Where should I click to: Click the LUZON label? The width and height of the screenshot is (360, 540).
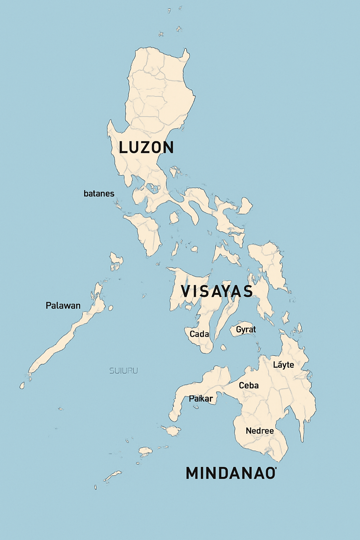[x=146, y=147]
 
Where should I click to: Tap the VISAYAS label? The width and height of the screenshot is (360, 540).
[x=217, y=291]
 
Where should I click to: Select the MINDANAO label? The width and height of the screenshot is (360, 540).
[x=231, y=473]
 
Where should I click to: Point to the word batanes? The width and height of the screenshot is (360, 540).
[x=99, y=193]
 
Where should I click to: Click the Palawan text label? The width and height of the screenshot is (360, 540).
[x=63, y=306]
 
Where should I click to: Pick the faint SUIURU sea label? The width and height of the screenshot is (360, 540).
[x=123, y=371]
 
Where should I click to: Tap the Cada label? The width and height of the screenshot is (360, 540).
[x=199, y=334]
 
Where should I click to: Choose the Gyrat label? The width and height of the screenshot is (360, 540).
[x=246, y=329]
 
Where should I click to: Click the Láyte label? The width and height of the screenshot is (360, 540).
[x=283, y=365]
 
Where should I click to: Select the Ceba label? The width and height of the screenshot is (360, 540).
[x=249, y=385]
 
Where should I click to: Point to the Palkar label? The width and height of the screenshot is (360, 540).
[x=201, y=399]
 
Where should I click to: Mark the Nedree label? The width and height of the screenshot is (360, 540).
[x=259, y=431]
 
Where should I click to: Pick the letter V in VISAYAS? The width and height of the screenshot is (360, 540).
[x=185, y=291]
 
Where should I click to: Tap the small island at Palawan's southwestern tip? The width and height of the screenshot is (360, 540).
[x=22, y=386]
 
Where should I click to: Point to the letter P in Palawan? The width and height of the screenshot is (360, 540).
[x=49, y=306]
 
